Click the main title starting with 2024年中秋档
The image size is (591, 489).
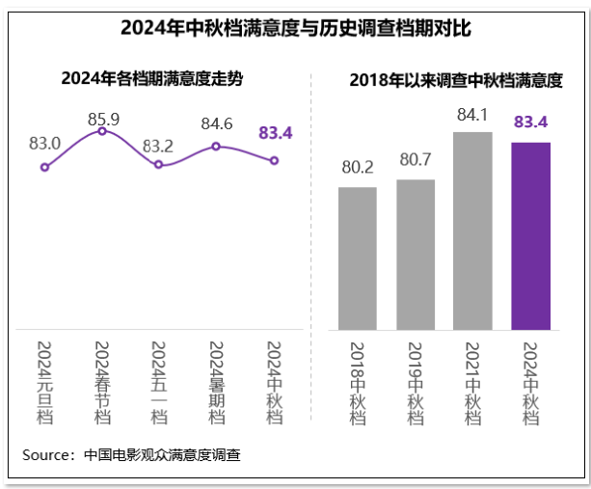[295, 27]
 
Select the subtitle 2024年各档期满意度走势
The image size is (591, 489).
[150, 78]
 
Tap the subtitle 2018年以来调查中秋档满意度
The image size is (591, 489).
[455, 80]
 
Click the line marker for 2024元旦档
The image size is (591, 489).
[44, 167]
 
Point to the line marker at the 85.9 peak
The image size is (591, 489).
[102, 131]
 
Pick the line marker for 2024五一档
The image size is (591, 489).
[159, 165]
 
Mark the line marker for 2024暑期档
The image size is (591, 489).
[216, 147]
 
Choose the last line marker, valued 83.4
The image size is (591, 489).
[274, 160]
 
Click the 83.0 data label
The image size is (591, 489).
[44, 144]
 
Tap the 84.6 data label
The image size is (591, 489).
[216, 123]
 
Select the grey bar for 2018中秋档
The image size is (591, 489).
[357, 258]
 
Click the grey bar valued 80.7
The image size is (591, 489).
[416, 254]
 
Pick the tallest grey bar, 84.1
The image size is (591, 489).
[472, 231]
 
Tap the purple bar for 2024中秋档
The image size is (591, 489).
[530, 235]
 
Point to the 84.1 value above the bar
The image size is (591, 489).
[472, 115]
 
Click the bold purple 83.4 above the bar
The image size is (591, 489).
[530, 122]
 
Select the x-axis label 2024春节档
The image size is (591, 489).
[102, 382]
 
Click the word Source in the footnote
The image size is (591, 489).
[47, 454]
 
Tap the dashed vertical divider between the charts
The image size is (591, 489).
[311, 241]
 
